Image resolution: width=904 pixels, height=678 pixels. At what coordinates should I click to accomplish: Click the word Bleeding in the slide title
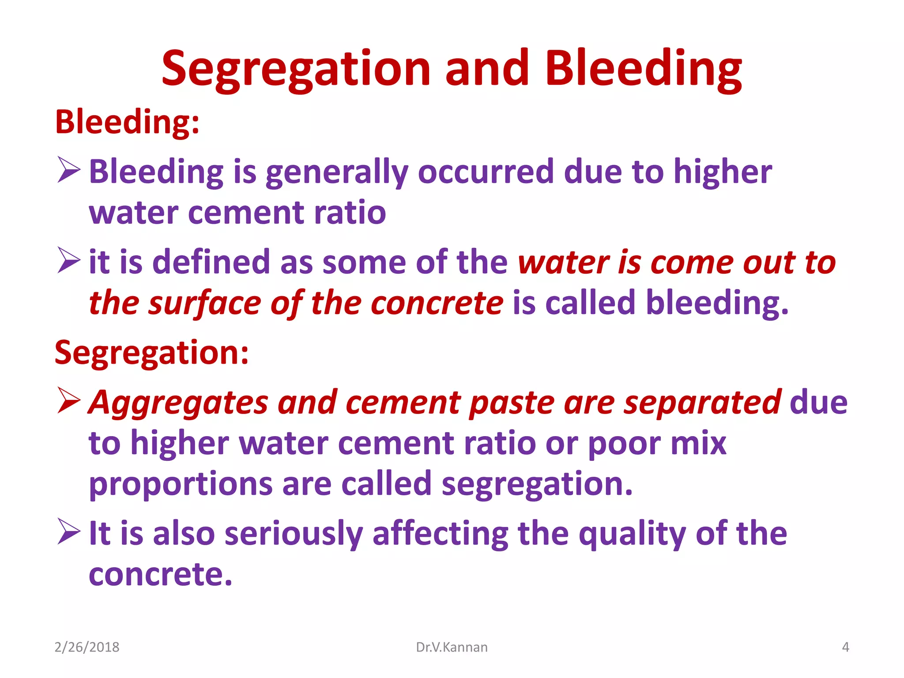[x=643, y=70]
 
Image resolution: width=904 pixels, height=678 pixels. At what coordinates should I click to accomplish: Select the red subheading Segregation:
[x=151, y=353]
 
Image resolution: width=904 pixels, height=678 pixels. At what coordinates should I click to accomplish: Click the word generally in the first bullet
[x=336, y=173]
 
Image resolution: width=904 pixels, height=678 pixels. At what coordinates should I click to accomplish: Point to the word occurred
[x=485, y=172]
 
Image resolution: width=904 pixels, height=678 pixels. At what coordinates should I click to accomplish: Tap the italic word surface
[x=204, y=304]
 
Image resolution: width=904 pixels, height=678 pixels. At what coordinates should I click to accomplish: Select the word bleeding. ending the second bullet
[x=717, y=304]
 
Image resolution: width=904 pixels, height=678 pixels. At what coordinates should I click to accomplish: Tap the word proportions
[x=181, y=485]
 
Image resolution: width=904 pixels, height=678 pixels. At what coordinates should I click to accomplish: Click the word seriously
[x=294, y=534]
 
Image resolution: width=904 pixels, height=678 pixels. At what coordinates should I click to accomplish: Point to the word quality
[x=632, y=534]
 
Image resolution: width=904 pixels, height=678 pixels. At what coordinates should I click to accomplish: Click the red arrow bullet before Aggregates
[x=69, y=401]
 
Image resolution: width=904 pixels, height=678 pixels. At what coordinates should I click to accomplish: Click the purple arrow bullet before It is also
[x=69, y=531]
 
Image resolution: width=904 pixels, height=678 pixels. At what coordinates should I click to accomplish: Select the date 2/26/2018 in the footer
[x=87, y=647]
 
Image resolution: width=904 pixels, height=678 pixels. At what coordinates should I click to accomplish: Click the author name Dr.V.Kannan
[x=452, y=647]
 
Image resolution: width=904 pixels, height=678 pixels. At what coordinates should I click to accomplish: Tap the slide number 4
[x=845, y=647]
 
